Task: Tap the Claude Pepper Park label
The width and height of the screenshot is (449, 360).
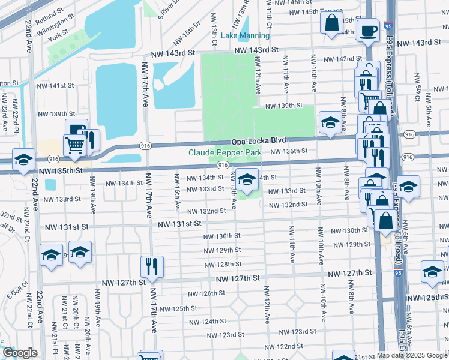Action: tap(225, 153)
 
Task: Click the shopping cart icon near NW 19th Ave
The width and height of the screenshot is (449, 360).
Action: tap(75, 146)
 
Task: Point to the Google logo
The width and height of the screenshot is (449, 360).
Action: tap(20, 353)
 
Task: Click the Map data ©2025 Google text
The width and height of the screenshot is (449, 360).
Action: tap(412, 355)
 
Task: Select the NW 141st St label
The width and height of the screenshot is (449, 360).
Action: tap(58, 86)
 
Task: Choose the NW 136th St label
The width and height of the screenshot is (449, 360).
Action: tap(289, 151)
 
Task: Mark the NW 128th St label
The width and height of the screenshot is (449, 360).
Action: tap(222, 264)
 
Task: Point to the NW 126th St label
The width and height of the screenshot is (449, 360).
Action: tap(206, 293)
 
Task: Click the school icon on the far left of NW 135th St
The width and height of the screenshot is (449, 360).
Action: tap(23, 160)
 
